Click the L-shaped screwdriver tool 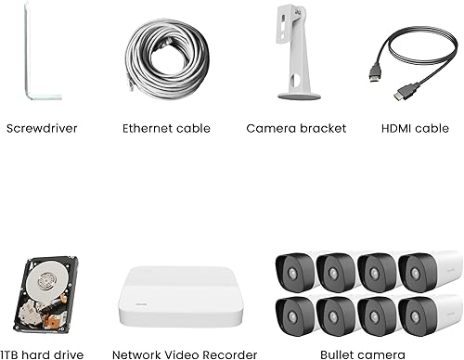point(29,56)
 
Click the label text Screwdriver point(41,128)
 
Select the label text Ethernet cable point(166,128)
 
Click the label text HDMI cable point(415,128)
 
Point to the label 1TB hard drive point(42,354)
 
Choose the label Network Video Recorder point(185,354)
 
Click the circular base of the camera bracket point(300,94)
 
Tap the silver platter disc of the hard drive point(38,284)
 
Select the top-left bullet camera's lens point(293,274)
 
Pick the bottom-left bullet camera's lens point(293,316)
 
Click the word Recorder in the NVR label point(229,354)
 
